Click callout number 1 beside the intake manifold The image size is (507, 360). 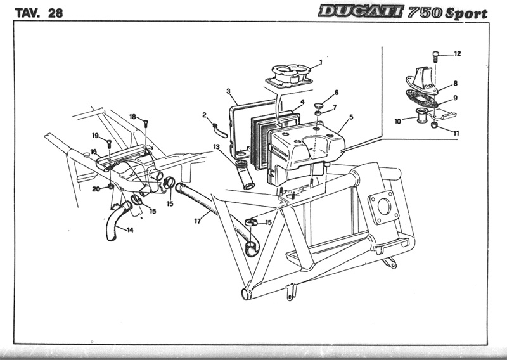point(321,62)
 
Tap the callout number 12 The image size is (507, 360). point(458,54)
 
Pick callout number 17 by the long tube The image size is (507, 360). point(198,221)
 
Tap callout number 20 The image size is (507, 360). point(95,188)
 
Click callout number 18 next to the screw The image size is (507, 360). point(133,117)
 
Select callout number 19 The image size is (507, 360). point(94,136)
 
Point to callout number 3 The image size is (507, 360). point(228,92)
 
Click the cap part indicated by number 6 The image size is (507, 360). point(320,103)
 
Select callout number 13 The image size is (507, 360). point(216,147)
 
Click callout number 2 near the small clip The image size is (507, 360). point(205,115)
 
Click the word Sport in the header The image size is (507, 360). point(466,13)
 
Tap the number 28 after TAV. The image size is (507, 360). point(54,13)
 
